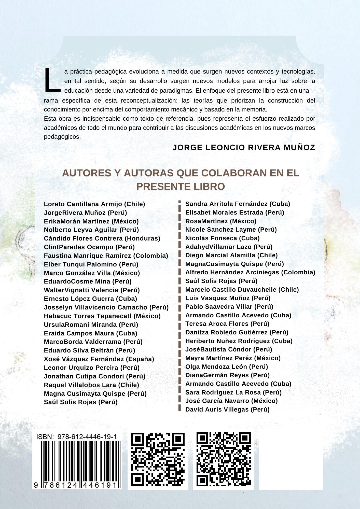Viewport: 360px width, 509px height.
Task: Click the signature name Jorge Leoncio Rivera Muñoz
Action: [x=244, y=147]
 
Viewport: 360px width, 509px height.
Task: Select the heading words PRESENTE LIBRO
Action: [x=181, y=187]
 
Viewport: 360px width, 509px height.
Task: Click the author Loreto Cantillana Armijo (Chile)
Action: [x=94, y=204]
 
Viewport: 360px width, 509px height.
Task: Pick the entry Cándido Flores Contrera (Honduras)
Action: [x=102, y=238]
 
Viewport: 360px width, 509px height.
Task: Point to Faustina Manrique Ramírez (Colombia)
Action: [x=106, y=256]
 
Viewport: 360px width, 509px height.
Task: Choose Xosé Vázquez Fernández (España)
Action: [x=99, y=359]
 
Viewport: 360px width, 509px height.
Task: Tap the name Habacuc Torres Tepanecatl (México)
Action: [x=102, y=316]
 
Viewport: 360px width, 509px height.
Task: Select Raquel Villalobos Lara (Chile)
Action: [x=92, y=385]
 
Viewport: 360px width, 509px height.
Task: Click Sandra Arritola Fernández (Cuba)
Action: [x=238, y=204]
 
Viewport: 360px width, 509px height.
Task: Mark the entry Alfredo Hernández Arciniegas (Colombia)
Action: [x=250, y=272]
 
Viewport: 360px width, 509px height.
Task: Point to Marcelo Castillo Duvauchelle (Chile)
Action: [x=242, y=290]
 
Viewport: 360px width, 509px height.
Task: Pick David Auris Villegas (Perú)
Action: [x=227, y=409]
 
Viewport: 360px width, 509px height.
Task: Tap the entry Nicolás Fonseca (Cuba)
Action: [x=223, y=238]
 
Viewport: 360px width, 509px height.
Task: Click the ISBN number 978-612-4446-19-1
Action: [x=87, y=437]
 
